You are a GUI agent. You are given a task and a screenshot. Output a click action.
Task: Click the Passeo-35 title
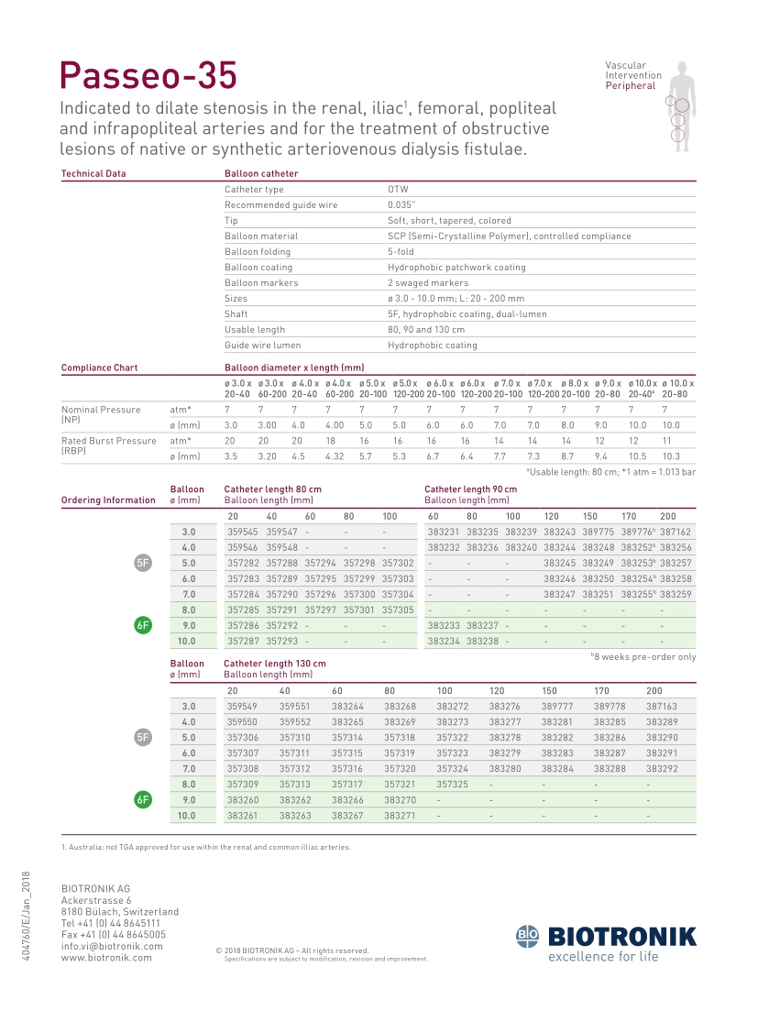pyautogui.click(x=148, y=74)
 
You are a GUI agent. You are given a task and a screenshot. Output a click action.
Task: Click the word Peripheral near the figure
pyautogui.click(x=631, y=86)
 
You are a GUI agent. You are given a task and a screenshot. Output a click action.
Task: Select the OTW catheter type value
pyautogui.click(x=397, y=190)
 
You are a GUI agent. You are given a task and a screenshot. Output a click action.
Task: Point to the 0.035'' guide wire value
pyautogui.click(x=401, y=205)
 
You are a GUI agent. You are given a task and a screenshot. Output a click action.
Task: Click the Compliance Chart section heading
pyautogui.click(x=99, y=368)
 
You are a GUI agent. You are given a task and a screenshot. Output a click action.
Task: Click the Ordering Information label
pyautogui.click(x=108, y=500)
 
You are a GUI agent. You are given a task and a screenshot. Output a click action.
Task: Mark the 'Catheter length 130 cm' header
pyautogui.click(x=275, y=664)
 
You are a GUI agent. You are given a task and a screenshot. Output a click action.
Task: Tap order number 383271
pyautogui.click(x=400, y=816)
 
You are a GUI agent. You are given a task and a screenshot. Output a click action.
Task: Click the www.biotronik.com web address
pyautogui.click(x=106, y=958)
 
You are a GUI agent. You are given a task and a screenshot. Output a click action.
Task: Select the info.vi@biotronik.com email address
pyautogui.click(x=112, y=947)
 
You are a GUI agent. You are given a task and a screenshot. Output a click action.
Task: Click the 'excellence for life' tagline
pyautogui.click(x=603, y=958)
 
